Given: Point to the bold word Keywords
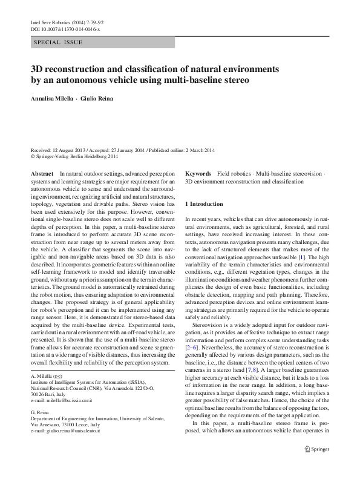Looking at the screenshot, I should click(198, 173).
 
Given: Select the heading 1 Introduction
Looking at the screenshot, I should click(205, 204).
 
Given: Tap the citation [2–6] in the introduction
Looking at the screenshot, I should click(194, 349).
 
